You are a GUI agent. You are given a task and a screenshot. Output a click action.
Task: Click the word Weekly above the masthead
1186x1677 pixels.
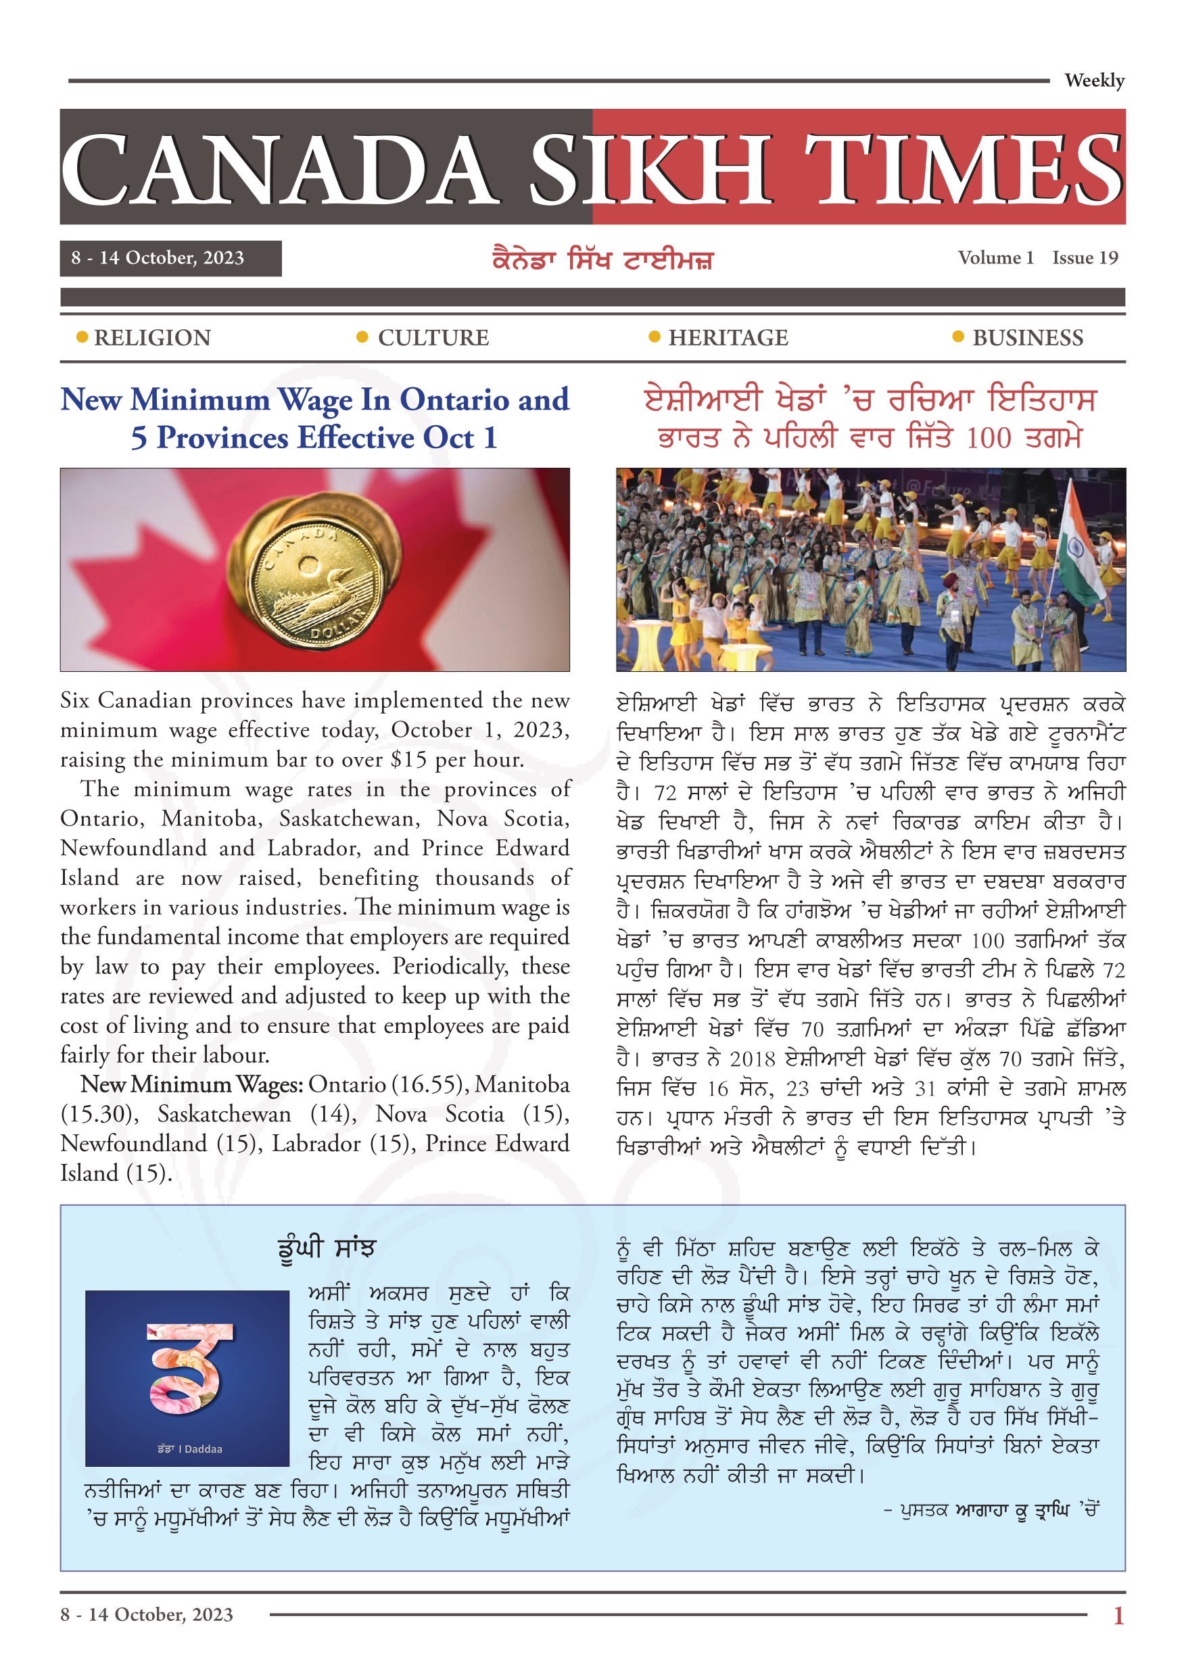[x=1093, y=80]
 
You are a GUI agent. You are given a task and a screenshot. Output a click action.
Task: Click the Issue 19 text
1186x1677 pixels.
[x=1085, y=258]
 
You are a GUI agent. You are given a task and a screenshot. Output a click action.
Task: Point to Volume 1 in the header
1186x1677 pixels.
[x=995, y=258]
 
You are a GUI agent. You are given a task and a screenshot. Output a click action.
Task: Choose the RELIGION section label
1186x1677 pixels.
[x=152, y=337]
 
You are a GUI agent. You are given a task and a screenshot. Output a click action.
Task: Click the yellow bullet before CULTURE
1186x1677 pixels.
[x=362, y=337]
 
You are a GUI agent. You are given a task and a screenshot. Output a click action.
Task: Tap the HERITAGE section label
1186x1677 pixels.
[x=728, y=337]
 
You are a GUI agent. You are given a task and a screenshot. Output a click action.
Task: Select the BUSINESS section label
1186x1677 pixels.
[x=1027, y=337]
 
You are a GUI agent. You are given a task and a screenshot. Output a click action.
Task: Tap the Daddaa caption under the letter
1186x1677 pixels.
[x=189, y=1449]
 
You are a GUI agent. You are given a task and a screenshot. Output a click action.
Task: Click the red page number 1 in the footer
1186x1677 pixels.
[x=1118, y=1615]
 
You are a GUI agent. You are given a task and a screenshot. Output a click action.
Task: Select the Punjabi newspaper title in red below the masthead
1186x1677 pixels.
[x=602, y=260]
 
